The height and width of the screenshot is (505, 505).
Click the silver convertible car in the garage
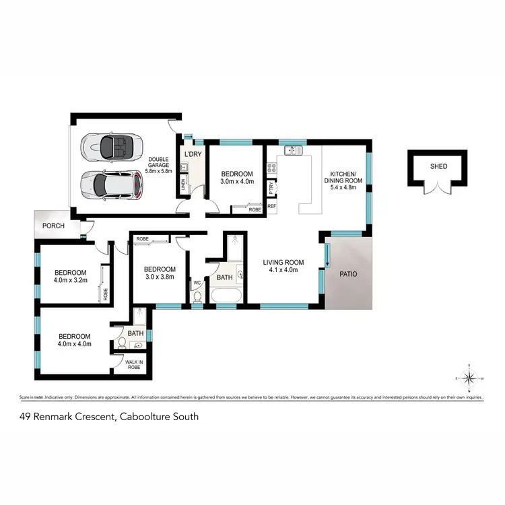pyautogui.click(x=111, y=146)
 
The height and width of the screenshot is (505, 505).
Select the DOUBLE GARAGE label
pyautogui.click(x=159, y=166)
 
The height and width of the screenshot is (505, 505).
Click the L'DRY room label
pyautogui.click(x=193, y=155)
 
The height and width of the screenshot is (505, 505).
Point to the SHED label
pyautogui.click(x=438, y=166)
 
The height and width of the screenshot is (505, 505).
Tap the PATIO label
pyautogui.click(x=347, y=274)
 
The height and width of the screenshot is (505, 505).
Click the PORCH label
pyautogui.click(x=53, y=226)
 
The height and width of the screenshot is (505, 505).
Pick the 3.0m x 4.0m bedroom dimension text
pyautogui.click(x=237, y=181)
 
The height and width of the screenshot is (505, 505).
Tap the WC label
pyautogui.click(x=197, y=283)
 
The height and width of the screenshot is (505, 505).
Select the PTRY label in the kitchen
pyautogui.click(x=271, y=187)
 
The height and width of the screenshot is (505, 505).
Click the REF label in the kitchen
pyautogui.click(x=271, y=207)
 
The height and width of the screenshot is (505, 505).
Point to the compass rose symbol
pyautogui.click(x=470, y=378)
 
